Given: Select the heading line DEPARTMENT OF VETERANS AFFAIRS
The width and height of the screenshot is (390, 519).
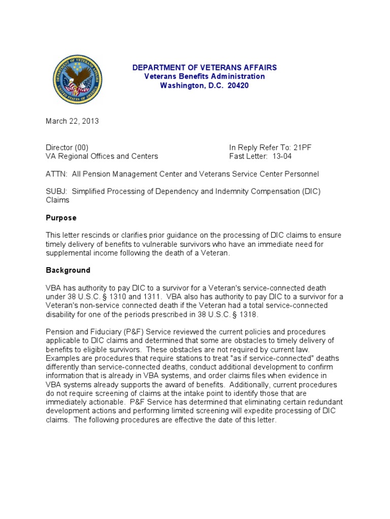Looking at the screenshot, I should (x=205, y=67).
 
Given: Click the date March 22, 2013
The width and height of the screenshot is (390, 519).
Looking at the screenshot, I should (x=72, y=121).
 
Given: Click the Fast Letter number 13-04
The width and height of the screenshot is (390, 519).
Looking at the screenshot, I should (x=282, y=156).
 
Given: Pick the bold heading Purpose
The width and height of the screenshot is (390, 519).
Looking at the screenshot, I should (x=61, y=217).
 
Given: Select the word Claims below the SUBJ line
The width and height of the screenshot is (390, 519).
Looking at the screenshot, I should (x=57, y=200).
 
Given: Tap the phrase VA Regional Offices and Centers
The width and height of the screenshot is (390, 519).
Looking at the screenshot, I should (x=102, y=156).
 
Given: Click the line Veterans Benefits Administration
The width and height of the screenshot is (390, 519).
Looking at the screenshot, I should (x=205, y=77).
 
